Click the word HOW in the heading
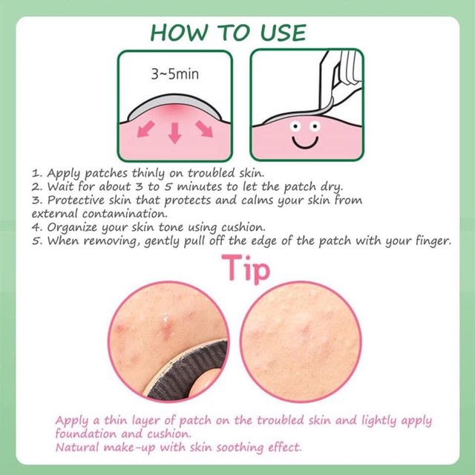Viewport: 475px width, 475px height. [x=180, y=33]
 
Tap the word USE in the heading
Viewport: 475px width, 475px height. [x=284, y=33]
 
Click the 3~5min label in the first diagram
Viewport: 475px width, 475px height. [x=175, y=74]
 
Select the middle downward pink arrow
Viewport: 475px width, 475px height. [x=175, y=133]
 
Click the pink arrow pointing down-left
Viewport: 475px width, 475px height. [x=145, y=128]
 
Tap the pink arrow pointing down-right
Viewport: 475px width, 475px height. [x=204, y=128]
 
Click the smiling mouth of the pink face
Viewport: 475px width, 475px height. [x=305, y=142]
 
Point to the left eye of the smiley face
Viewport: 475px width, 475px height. [x=295, y=126]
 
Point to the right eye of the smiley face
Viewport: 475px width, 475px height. [x=315, y=125]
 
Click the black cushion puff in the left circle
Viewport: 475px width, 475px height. [x=191, y=371]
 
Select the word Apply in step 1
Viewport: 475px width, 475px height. [x=63, y=174]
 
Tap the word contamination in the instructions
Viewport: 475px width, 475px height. [x=125, y=214]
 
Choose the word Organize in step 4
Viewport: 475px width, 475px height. [x=72, y=228]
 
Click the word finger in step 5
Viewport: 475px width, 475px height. [x=433, y=241]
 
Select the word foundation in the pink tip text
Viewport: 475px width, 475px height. [x=86, y=433]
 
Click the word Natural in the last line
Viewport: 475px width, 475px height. [x=77, y=448]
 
